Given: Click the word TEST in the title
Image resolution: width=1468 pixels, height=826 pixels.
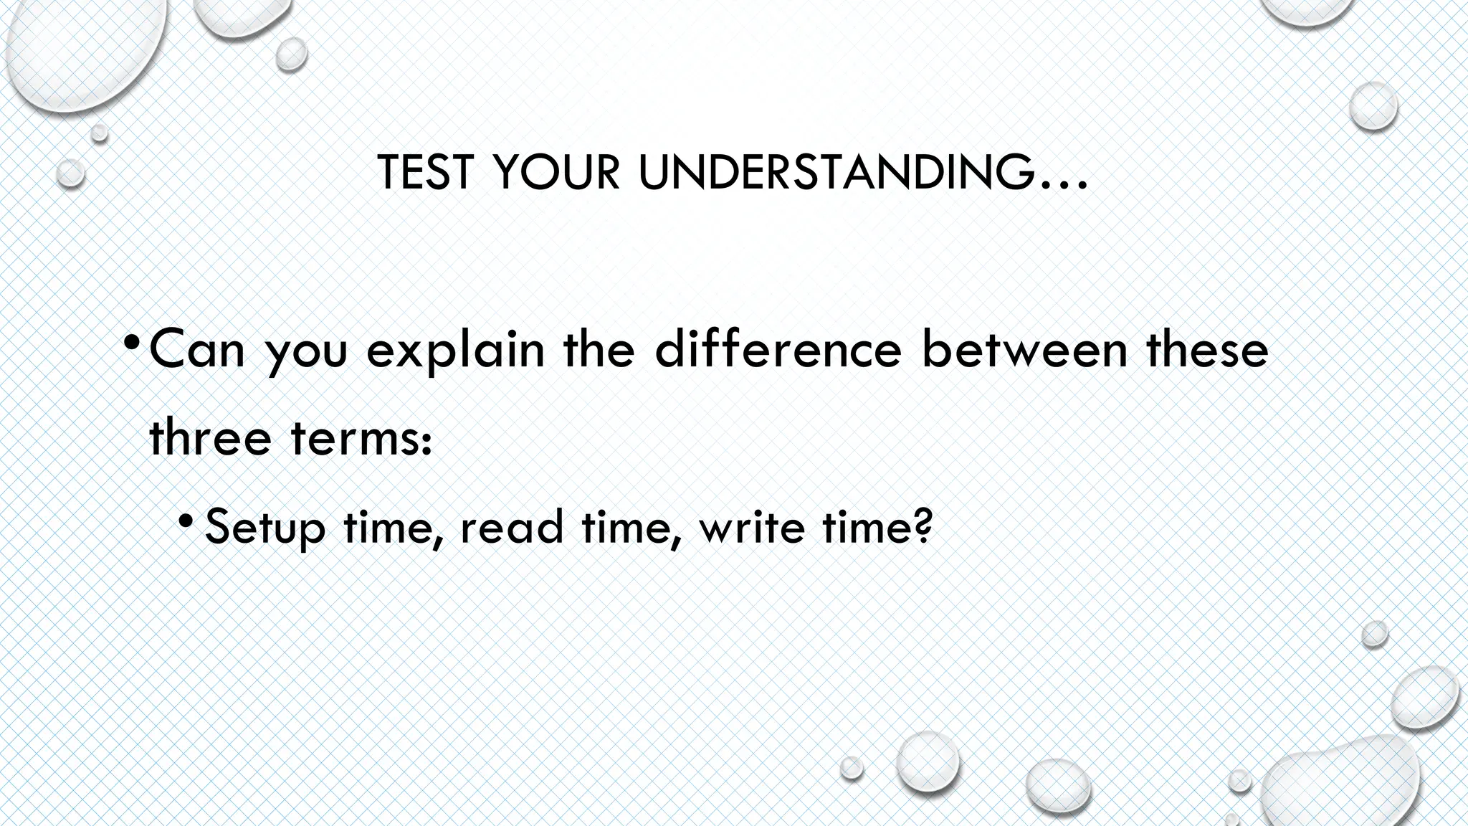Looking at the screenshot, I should (425, 173).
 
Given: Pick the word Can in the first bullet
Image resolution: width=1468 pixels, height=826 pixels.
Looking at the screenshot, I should (197, 349).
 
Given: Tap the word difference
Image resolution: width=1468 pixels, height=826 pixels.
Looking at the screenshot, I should (778, 349).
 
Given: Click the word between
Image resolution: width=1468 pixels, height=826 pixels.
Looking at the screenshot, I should (1024, 349).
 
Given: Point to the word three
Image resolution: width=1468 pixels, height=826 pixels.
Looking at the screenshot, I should (211, 437).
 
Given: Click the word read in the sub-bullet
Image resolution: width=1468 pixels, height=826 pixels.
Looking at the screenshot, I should (512, 527).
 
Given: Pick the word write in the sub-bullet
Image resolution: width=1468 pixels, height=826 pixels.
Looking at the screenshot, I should (752, 527).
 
